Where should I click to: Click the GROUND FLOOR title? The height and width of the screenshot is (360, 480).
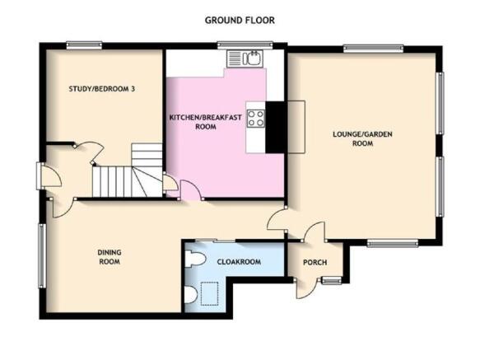pyautogui.click(x=240, y=21)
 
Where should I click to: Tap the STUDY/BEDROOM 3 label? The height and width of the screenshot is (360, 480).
pyautogui.click(x=101, y=89)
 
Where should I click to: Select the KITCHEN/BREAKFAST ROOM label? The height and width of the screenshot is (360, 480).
pyautogui.click(x=205, y=122)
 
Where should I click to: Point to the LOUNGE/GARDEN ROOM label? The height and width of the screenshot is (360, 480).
pyautogui.click(x=362, y=138)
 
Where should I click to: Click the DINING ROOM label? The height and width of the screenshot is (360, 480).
pyautogui.click(x=110, y=257)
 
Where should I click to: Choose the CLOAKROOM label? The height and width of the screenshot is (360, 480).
pyautogui.click(x=239, y=262)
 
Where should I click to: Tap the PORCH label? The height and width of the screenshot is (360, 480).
pyautogui.click(x=315, y=262)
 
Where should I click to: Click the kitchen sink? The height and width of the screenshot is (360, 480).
pyautogui.click(x=245, y=58)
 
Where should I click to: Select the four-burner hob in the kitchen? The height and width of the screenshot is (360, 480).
pyautogui.click(x=255, y=119)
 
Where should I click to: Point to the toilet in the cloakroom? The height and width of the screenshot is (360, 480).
pyautogui.click(x=195, y=259)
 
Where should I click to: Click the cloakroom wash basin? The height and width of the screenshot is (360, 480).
pyautogui.click(x=191, y=295)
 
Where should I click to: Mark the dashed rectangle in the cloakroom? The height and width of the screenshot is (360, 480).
pyautogui.click(x=209, y=294)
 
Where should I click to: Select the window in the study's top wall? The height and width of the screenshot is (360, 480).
pyautogui.click(x=84, y=45)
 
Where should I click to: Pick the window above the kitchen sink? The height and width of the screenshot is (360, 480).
pyautogui.click(x=245, y=45)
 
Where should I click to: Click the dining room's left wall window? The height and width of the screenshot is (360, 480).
pyautogui.click(x=42, y=256)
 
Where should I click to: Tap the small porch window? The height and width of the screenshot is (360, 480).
pyautogui.click(x=332, y=280)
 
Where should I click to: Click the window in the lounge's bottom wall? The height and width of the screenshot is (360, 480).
pyautogui.click(x=393, y=243)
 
